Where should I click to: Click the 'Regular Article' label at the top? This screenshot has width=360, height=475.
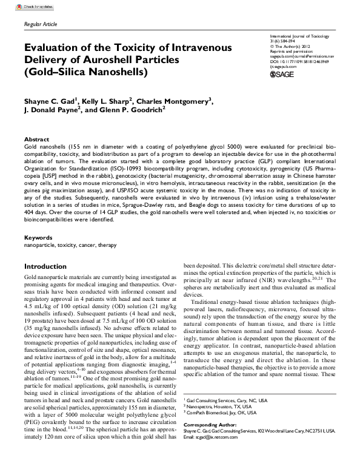[41, 24]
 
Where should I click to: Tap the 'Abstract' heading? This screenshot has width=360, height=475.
[36, 139]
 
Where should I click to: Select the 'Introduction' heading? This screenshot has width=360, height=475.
[45, 266]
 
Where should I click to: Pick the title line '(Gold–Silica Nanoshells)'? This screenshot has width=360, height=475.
[78, 72]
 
